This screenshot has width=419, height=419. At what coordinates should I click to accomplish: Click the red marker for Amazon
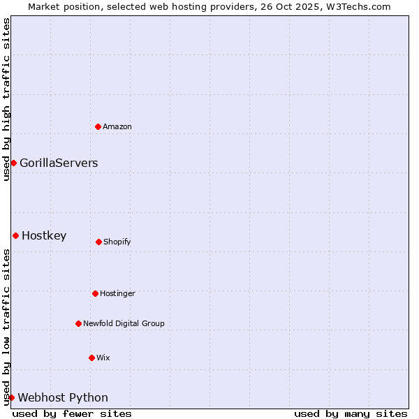click(x=98, y=126)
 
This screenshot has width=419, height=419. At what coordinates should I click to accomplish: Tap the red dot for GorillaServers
click(x=13, y=163)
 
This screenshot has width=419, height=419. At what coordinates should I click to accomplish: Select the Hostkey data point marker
click(x=15, y=235)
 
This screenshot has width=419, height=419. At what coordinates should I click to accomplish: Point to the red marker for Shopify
click(x=98, y=242)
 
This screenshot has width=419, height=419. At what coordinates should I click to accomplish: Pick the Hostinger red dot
click(x=95, y=293)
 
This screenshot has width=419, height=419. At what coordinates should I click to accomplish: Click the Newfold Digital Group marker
click(x=78, y=323)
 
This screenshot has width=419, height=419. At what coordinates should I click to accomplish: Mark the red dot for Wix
click(x=91, y=358)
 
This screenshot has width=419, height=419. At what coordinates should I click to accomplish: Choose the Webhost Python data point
click(x=11, y=397)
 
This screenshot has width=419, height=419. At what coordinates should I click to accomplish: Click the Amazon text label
click(x=117, y=126)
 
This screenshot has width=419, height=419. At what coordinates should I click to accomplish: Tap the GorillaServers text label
click(x=59, y=163)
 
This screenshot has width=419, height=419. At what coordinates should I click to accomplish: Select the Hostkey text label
click(x=44, y=236)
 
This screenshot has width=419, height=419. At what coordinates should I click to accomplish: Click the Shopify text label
click(x=117, y=242)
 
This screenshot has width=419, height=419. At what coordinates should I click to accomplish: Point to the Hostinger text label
click(x=117, y=293)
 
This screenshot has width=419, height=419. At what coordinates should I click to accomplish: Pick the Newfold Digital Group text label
click(x=124, y=323)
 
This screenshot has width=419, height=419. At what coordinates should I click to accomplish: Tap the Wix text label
click(x=103, y=358)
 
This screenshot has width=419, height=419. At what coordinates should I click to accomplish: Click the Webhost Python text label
click(x=63, y=398)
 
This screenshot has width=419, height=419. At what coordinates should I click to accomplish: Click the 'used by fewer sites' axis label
click(x=72, y=413)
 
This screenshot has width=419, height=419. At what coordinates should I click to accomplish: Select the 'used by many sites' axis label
click(x=351, y=413)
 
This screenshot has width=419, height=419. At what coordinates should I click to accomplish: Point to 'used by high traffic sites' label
click(x=6, y=99)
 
